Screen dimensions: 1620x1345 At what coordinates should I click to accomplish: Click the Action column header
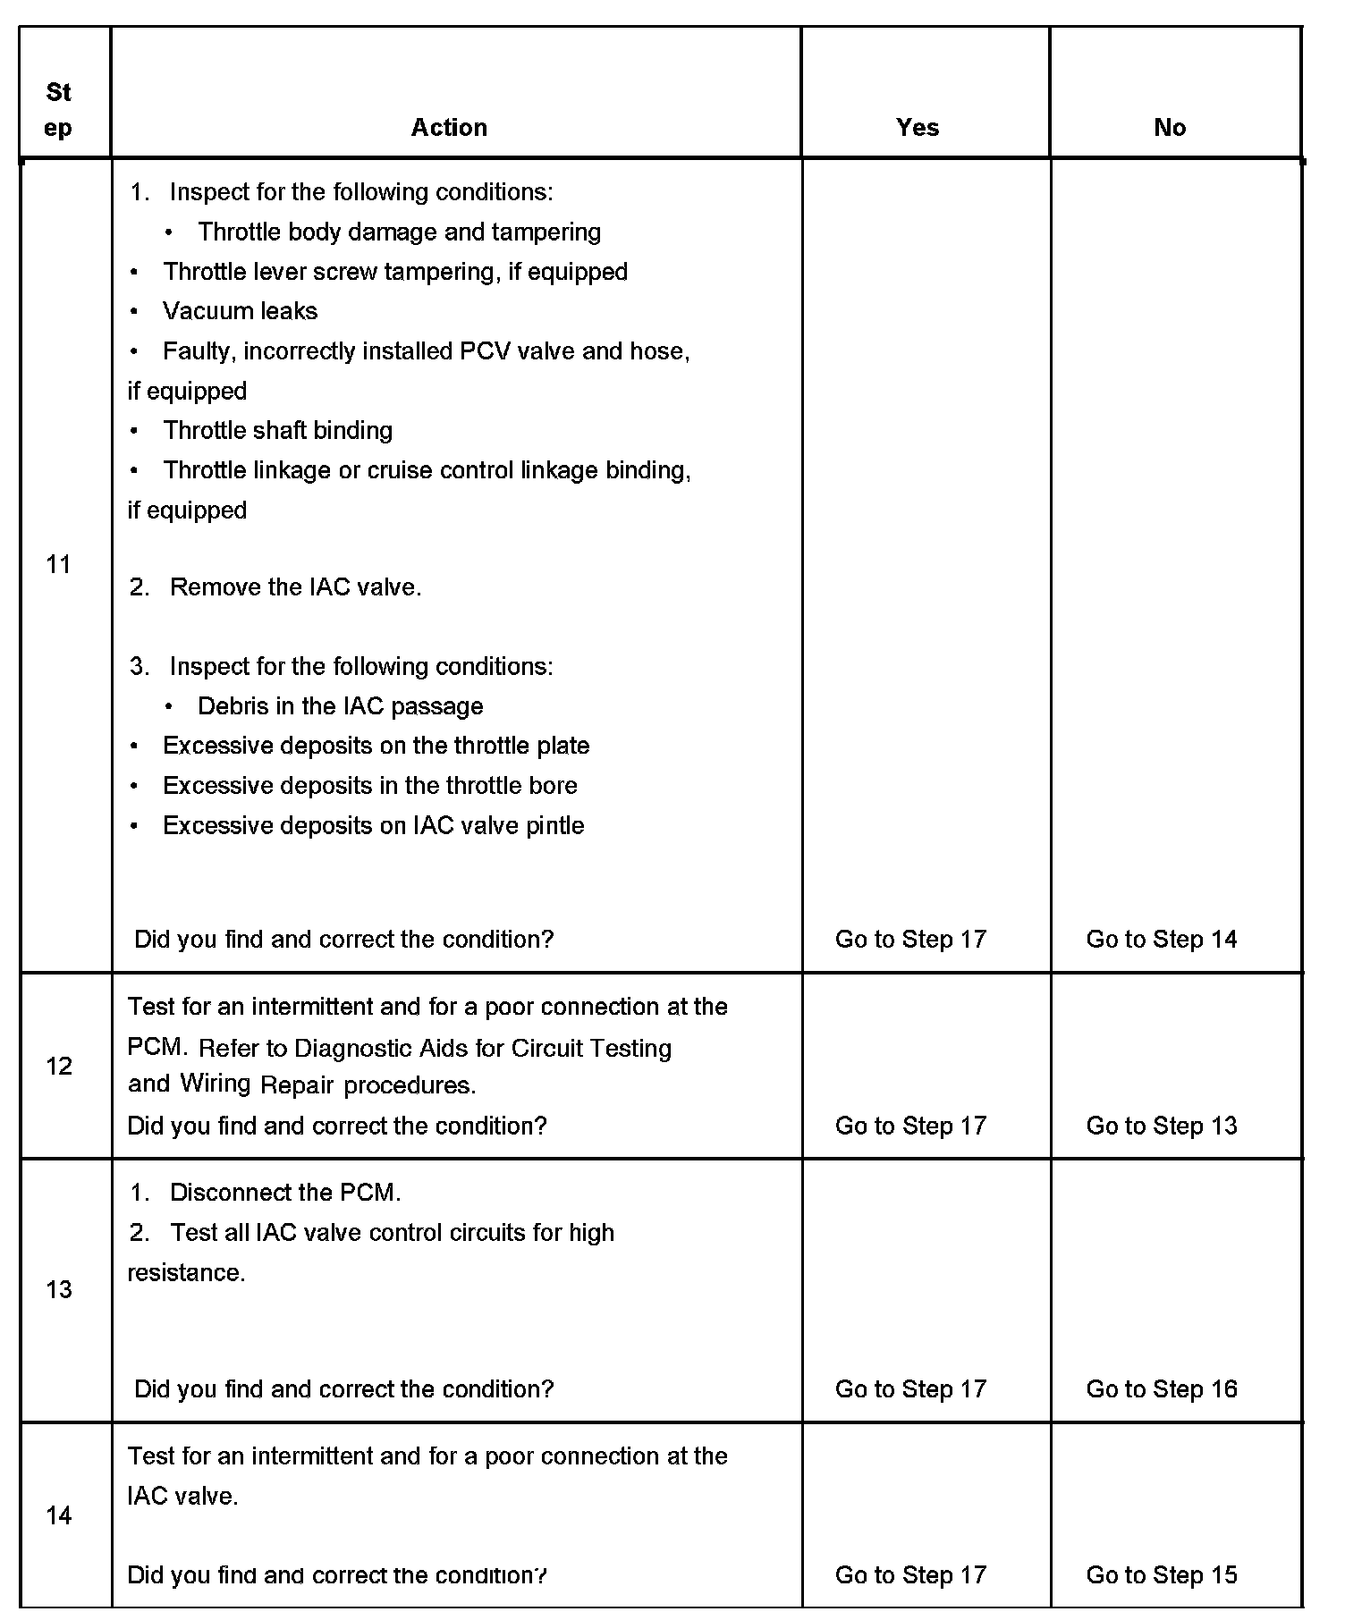[x=449, y=127]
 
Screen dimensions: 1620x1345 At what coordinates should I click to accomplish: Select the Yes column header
[x=918, y=127]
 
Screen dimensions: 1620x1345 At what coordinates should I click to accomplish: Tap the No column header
[x=1170, y=127]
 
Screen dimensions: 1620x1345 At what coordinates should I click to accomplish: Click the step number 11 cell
[x=59, y=564]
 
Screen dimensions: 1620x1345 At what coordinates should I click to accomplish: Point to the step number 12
[x=59, y=1066]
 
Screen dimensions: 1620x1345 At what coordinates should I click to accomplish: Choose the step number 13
[x=59, y=1289]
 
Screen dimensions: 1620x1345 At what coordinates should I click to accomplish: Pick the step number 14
[x=59, y=1515]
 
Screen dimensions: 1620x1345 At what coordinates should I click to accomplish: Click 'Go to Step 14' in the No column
[x=1162, y=939]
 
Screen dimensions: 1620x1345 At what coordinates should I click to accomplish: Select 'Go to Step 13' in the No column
[x=1162, y=1125]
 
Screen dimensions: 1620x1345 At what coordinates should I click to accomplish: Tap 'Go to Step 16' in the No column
[x=1162, y=1388]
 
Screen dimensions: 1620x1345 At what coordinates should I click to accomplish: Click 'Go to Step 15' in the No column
[x=1162, y=1574]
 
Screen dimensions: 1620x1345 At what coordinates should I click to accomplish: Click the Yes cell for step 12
[x=910, y=1125]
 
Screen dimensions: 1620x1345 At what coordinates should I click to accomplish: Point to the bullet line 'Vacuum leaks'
[x=240, y=311]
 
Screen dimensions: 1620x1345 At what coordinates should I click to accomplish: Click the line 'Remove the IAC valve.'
[x=295, y=587]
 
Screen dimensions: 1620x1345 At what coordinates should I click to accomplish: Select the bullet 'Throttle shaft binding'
[x=277, y=431]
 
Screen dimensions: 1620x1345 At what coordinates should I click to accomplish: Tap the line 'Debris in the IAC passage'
[x=340, y=706]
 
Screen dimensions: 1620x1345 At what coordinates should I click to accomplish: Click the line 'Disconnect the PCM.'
[x=285, y=1193]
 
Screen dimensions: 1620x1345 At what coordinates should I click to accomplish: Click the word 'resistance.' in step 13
[x=186, y=1272]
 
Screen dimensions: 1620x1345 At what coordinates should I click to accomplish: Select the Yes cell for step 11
[x=910, y=939]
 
